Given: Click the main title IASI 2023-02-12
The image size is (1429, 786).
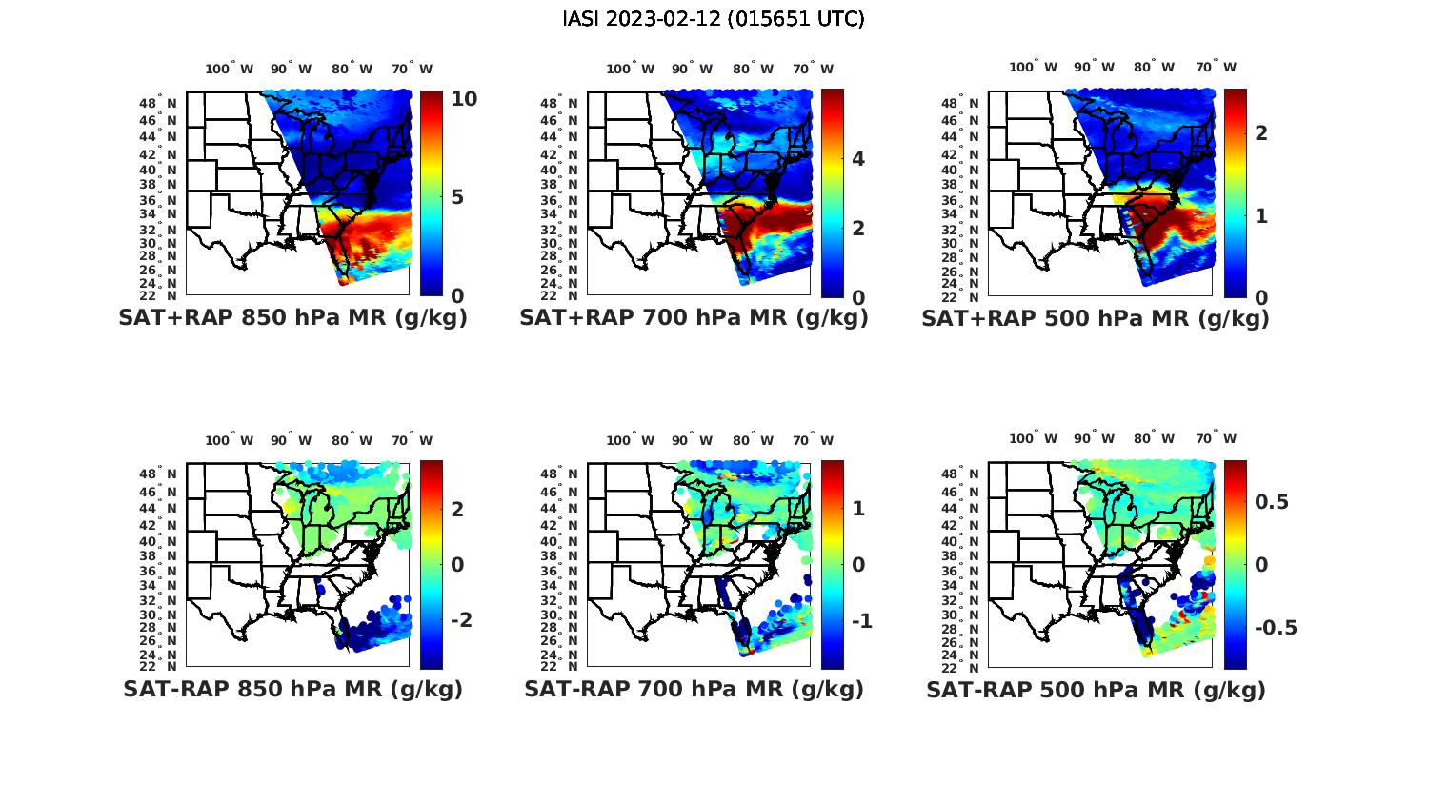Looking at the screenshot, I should [x=714, y=19].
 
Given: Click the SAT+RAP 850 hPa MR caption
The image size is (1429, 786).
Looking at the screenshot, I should [x=292, y=318].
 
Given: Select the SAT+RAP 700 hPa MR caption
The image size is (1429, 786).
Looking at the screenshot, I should [x=694, y=318].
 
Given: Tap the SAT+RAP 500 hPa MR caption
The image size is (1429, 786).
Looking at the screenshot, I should [x=1096, y=318].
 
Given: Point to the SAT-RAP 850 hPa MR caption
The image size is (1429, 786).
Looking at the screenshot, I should [x=292, y=689].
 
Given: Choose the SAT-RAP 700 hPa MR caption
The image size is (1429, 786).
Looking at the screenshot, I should [x=694, y=689].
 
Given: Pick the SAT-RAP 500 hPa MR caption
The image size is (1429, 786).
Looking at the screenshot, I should [x=1096, y=689].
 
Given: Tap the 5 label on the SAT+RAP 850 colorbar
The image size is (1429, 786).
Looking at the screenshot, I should [x=457, y=197].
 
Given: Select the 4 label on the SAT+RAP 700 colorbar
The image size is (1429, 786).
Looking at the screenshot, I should [x=858, y=158].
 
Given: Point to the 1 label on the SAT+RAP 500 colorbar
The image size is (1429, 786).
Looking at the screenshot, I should [x=1261, y=216].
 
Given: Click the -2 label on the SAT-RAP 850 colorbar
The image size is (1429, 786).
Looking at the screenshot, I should [x=462, y=620].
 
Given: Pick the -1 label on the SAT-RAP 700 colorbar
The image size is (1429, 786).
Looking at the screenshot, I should [x=862, y=621].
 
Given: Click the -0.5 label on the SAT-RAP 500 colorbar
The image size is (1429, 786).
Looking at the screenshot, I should [x=1276, y=628].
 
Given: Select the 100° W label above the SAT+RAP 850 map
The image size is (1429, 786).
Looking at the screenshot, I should [x=229, y=69].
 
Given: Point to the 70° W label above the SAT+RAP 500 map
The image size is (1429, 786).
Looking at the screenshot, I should [x=1216, y=67].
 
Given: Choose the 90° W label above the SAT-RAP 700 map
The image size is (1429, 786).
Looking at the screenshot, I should [x=692, y=440].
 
